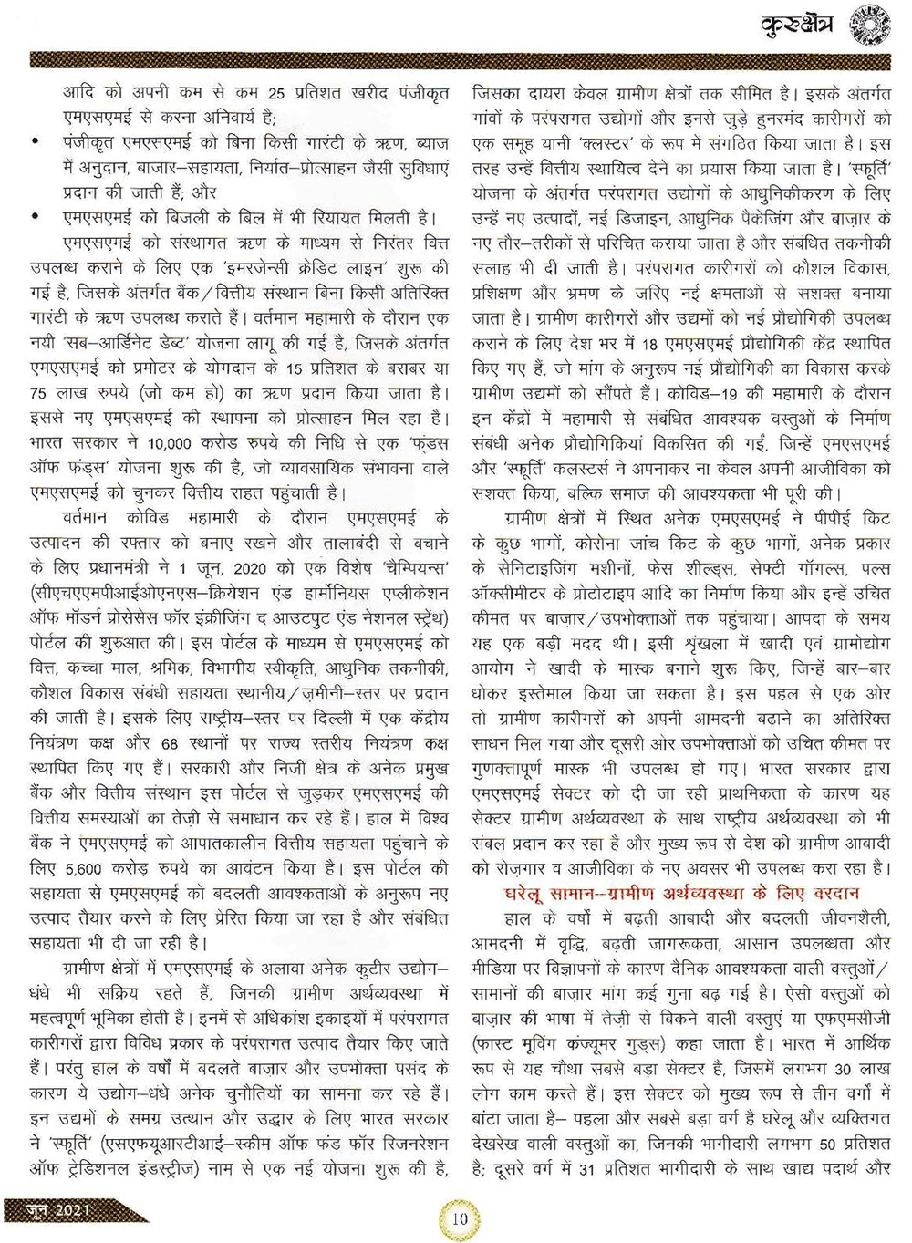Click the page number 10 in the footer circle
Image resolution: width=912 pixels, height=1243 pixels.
[x=460, y=1217]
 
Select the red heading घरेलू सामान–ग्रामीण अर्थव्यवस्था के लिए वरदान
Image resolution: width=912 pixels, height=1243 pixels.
[x=681, y=893]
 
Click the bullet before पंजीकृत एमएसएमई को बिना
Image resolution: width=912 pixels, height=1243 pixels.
[x=35, y=142]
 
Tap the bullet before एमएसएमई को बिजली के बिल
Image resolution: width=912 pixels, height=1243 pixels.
[x=35, y=218]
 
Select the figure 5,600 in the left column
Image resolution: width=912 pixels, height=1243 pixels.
[x=82, y=869]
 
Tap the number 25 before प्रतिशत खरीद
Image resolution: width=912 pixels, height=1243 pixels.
[x=276, y=93]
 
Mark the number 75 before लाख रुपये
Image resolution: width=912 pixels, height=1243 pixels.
[x=39, y=393]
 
